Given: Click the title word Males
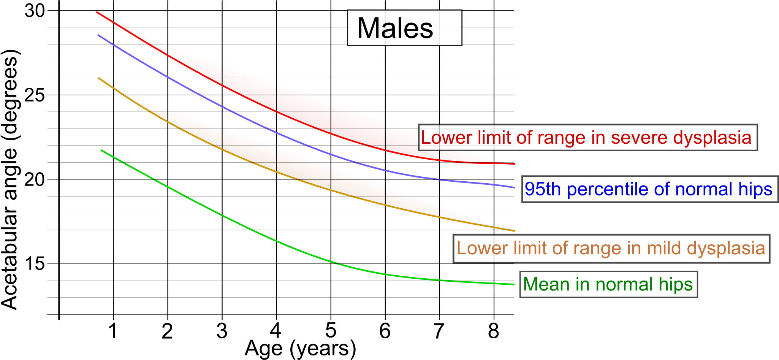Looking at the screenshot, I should tap(395, 29).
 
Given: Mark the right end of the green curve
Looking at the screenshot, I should tap(514, 284).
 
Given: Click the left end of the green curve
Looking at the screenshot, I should tap(101, 150).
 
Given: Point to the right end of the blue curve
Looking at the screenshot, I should tap(514, 187).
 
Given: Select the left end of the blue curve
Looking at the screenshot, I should tap(98, 35).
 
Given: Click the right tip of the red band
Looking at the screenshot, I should tap(514, 164).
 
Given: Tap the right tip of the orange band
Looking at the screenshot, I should tap(514, 231).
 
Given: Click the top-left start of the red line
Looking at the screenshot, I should tap(97, 12).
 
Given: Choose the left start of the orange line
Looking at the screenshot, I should tap(99, 78).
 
